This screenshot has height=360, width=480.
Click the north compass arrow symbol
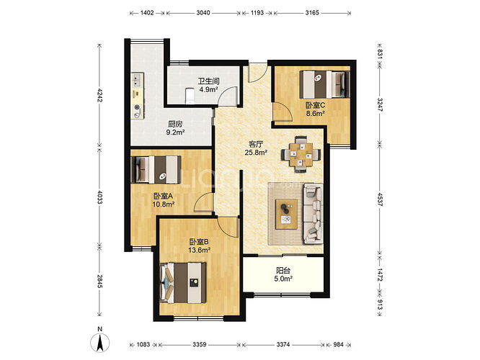(x=100, y=343)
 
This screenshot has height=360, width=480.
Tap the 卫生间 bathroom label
(x=208, y=81)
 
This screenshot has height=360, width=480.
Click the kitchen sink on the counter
(x=137, y=80)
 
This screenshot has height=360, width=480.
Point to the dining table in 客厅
(x=301, y=154)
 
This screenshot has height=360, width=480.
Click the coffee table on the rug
(x=286, y=214)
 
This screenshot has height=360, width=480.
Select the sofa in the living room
(x=313, y=214)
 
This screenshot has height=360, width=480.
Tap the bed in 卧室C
(x=324, y=84)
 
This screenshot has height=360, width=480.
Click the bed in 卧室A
(x=156, y=170)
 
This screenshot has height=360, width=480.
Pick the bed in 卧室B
(x=183, y=283)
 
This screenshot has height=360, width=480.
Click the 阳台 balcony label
(x=283, y=271)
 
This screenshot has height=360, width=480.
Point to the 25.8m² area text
(x=257, y=152)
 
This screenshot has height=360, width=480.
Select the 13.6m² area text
(x=199, y=250)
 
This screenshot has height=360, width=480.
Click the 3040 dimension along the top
(x=203, y=13)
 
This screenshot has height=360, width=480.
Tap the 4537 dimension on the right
(x=380, y=199)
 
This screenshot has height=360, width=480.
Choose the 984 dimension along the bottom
(x=338, y=344)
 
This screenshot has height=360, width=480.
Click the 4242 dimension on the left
(x=99, y=95)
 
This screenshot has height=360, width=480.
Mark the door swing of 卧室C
(x=283, y=112)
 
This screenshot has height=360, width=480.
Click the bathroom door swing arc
(x=228, y=96)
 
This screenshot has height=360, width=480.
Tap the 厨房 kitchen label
(x=175, y=124)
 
